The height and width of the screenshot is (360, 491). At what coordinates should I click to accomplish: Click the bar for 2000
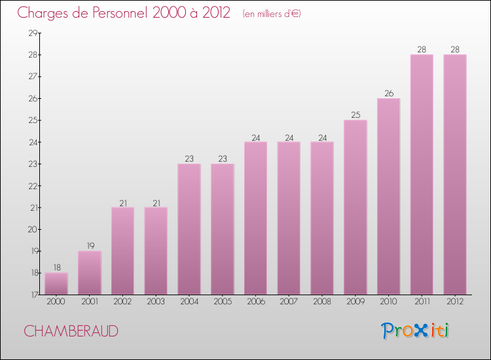[56, 283]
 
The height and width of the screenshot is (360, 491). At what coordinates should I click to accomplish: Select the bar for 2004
[189, 229]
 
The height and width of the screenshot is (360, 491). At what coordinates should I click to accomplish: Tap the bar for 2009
[355, 207]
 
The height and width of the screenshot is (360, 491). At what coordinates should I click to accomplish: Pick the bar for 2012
[455, 174]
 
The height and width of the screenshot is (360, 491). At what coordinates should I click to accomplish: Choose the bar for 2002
[122, 251]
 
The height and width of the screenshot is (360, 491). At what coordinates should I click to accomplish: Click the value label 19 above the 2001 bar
[90, 246]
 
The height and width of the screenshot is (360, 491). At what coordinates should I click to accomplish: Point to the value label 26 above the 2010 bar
[389, 93]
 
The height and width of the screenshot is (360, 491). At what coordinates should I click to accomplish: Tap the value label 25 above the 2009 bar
[355, 115]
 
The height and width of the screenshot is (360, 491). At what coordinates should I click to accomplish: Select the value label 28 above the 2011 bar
[422, 49]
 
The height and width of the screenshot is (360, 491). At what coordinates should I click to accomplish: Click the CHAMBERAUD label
[71, 331]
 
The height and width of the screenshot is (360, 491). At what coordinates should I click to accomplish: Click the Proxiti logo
[416, 331]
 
